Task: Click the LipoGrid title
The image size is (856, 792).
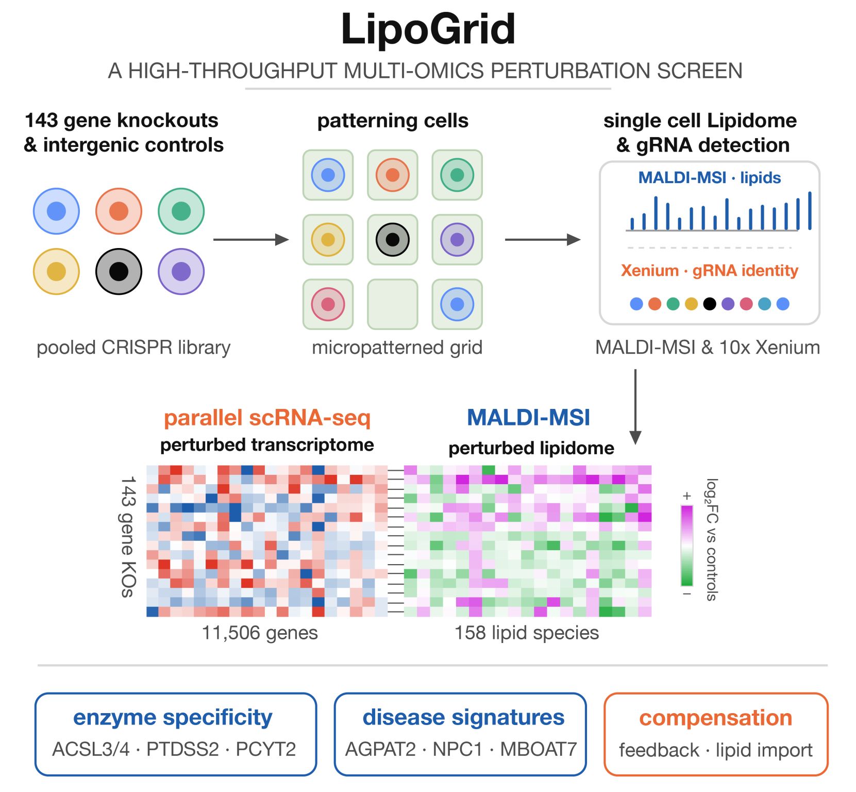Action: coord(428,29)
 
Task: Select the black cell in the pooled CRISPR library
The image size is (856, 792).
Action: coord(119,271)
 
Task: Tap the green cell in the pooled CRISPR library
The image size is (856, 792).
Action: coord(181,211)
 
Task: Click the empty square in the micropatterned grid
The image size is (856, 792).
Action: coord(393,304)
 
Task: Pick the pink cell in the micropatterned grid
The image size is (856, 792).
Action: coord(328,304)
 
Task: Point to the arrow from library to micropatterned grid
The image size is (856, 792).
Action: coord(251,240)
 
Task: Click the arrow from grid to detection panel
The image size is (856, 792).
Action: coord(543,240)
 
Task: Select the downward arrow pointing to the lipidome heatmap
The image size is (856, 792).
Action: coord(635,406)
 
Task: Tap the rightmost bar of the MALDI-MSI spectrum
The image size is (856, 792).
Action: coord(810,210)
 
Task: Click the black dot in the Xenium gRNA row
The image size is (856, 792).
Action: coord(710,304)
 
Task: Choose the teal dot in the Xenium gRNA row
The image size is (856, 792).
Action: coord(764,304)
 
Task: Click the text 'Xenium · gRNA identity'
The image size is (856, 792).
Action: coord(709,271)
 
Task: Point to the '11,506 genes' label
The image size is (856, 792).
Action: coord(260,633)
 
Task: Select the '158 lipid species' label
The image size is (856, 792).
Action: coord(527,633)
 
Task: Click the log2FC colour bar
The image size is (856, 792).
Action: coord(687,546)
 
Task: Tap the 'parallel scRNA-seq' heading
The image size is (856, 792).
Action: coord(267,418)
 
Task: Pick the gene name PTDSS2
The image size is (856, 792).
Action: coord(183,749)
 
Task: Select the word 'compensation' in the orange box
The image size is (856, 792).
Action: coord(716,718)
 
